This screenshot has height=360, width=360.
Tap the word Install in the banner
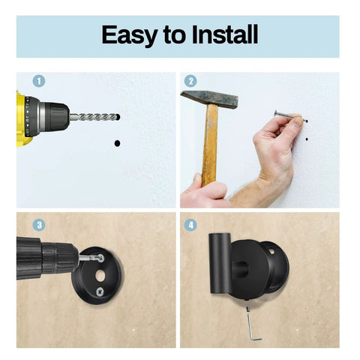(x=221, y=35)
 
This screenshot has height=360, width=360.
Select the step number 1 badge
(x=39, y=81)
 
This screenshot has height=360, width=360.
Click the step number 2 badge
(x=190, y=81)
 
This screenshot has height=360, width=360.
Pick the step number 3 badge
(x=39, y=223)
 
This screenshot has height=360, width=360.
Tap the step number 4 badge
(x=190, y=223)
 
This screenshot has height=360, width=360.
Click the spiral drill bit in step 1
(x=94, y=118)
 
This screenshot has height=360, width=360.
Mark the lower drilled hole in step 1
(x=116, y=142)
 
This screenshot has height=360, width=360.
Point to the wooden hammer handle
(x=209, y=146)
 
